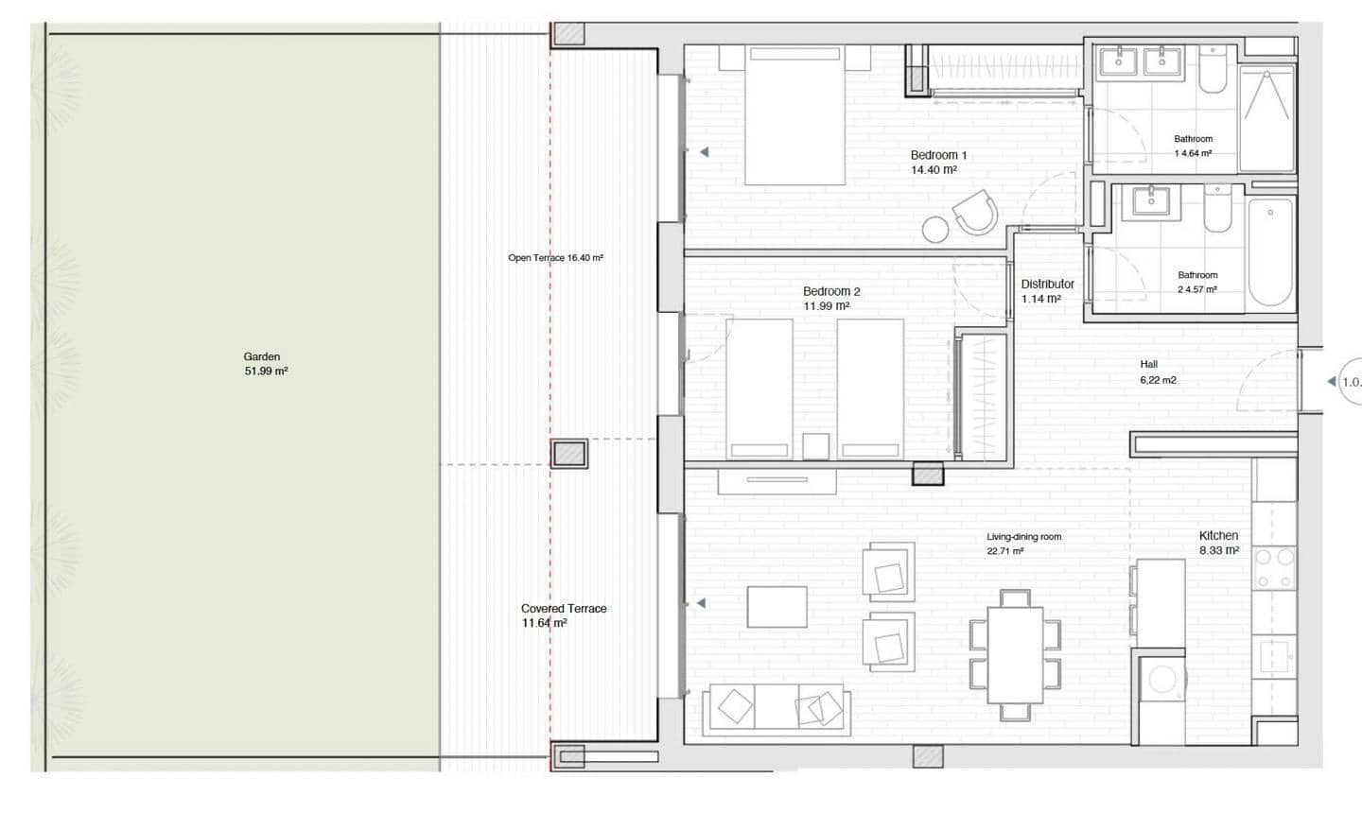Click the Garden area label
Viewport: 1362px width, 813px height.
pos(265,364)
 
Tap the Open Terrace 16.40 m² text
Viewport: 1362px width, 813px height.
pos(555,258)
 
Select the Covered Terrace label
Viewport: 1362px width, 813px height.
pos(563,615)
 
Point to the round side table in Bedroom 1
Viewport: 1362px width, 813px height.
pos(935,229)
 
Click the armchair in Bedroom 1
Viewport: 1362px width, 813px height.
pos(974,212)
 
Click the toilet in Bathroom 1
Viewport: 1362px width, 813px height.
pos(1214,73)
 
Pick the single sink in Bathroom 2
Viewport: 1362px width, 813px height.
pos(1151,200)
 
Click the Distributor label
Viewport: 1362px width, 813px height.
pos(1047,291)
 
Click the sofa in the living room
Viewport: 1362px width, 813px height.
pos(777,709)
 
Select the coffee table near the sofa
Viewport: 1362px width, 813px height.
pos(777,607)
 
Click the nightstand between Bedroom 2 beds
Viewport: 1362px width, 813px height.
pos(815,446)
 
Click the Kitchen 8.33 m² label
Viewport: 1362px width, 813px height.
pos(1218,543)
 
